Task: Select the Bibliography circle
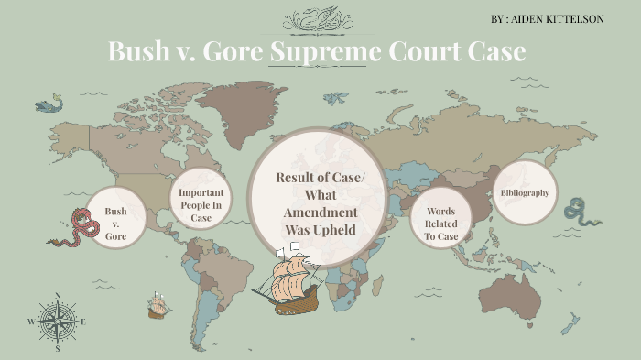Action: pyautogui.click(x=525, y=192)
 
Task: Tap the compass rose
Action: pyautogui.click(x=57, y=322)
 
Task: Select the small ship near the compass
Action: pyautogui.click(x=160, y=305)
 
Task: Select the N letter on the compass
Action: pyautogui.click(x=58, y=296)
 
